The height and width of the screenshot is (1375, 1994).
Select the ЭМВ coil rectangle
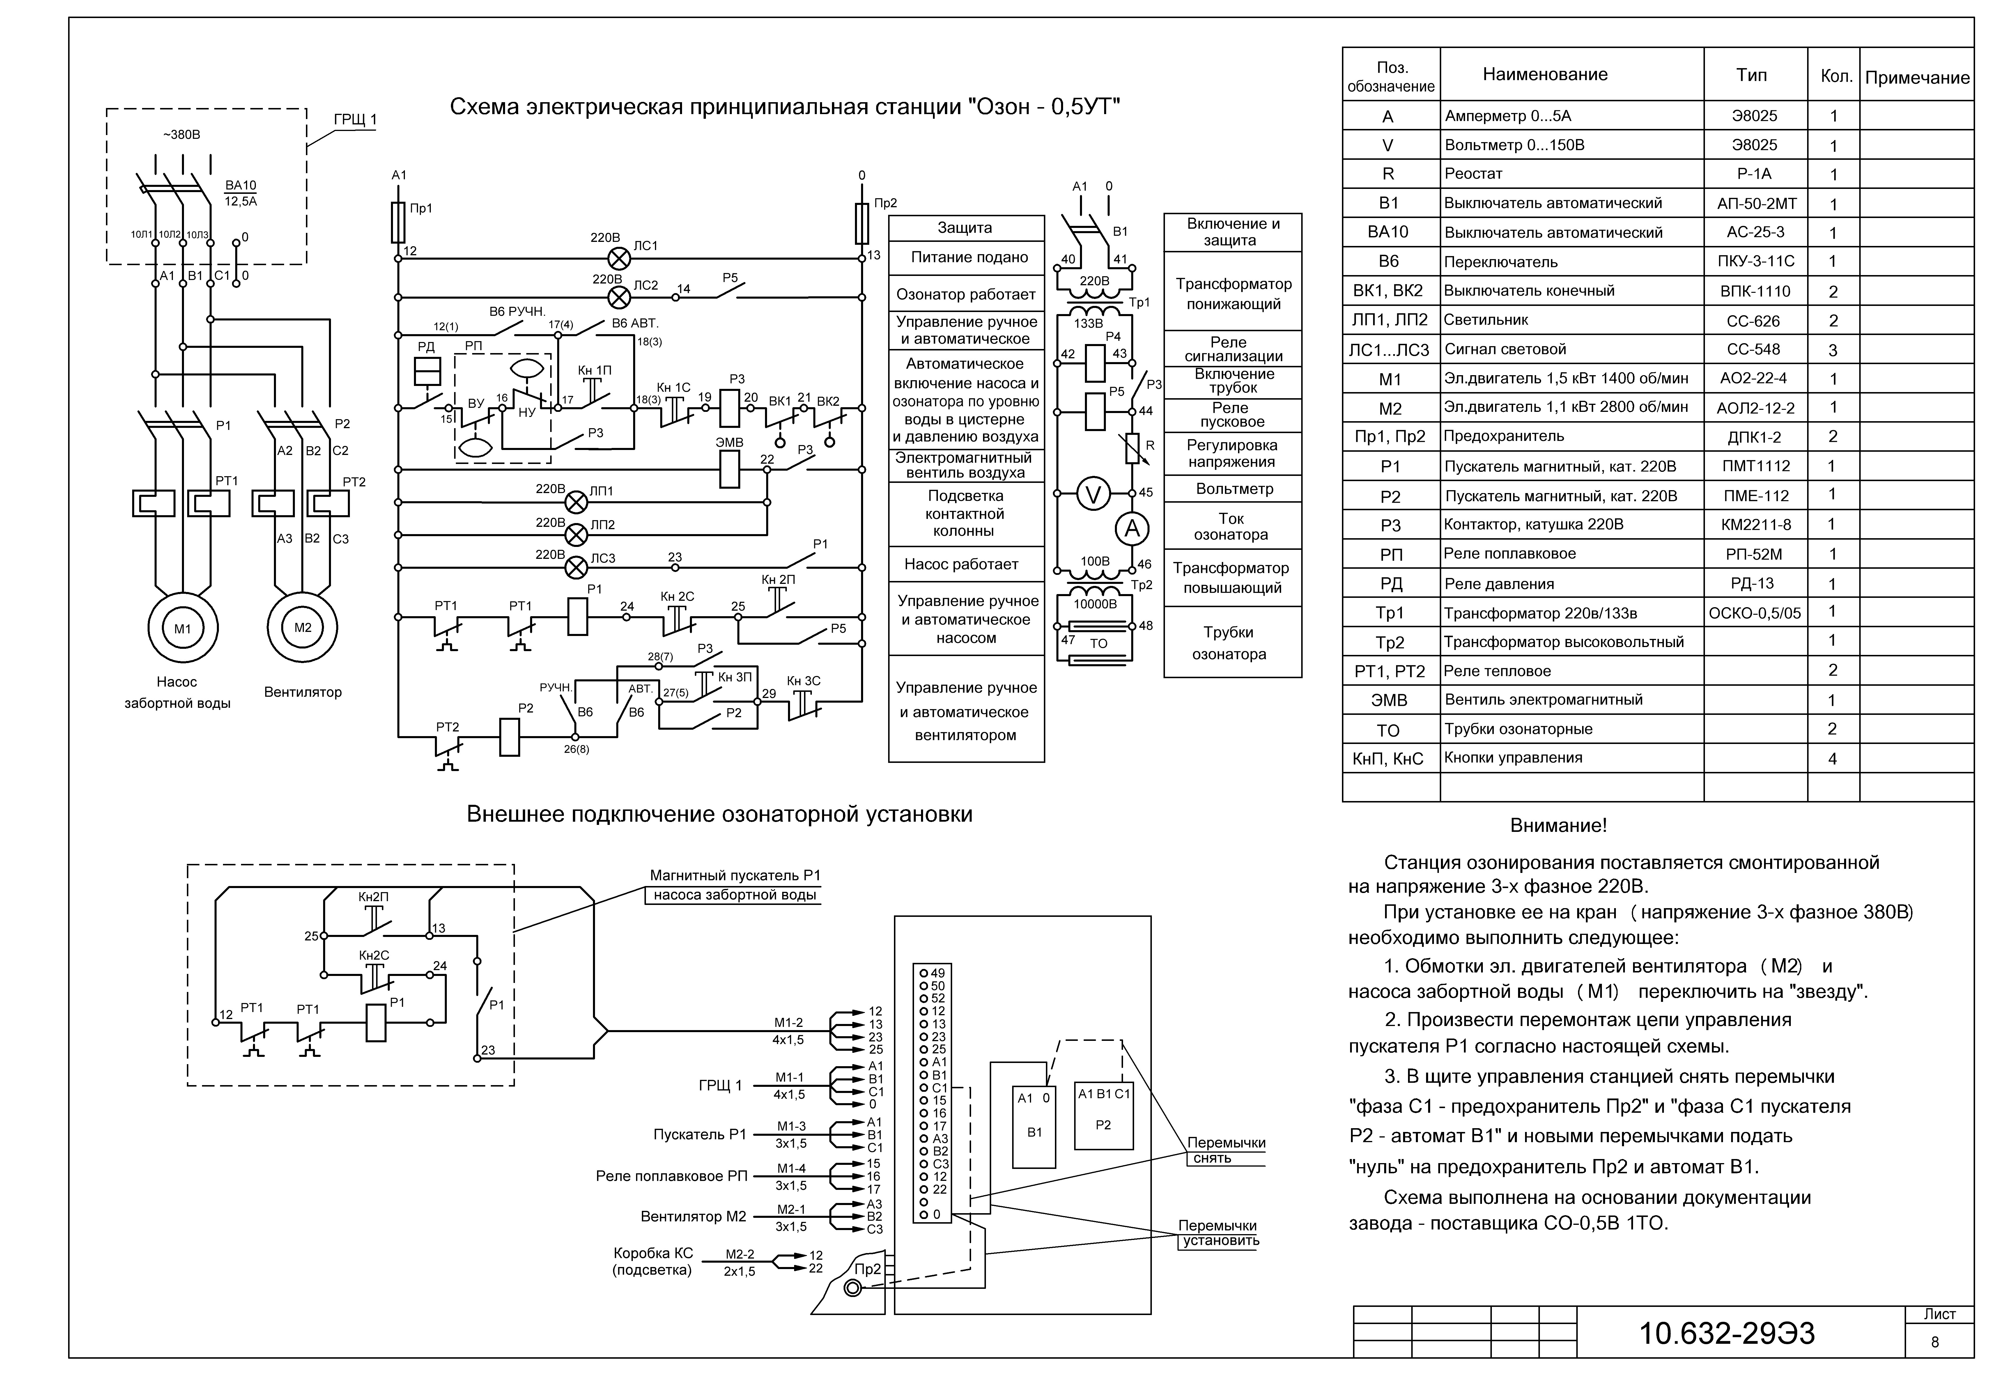(730, 469)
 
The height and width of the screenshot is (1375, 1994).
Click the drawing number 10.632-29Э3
(1727, 1333)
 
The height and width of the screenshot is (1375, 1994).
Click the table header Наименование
(1545, 74)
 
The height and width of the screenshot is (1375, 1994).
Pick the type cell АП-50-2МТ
(1755, 203)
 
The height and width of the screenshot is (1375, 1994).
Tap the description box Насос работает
(966, 564)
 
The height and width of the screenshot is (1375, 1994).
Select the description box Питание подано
(966, 257)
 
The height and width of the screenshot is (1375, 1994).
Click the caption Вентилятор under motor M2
(302, 692)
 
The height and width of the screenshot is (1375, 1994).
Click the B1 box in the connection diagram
(1034, 1127)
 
